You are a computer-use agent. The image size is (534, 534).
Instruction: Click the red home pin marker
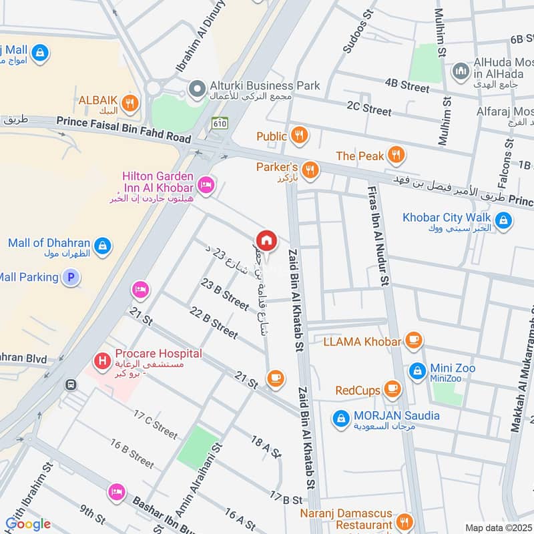266,240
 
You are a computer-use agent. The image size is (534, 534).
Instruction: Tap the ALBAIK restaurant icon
130,102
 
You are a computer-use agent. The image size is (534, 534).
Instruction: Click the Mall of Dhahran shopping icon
102,246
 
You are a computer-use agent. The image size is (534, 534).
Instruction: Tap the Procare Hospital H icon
102,362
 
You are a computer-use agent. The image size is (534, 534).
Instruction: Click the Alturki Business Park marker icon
196,87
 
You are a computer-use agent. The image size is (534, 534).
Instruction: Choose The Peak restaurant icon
396,156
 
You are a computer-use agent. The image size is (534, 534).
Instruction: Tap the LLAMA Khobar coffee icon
413,341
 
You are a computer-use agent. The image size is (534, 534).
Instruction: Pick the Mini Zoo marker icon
418,370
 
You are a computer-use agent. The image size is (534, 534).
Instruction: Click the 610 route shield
220,123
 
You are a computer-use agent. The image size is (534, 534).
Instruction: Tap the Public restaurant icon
300,136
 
